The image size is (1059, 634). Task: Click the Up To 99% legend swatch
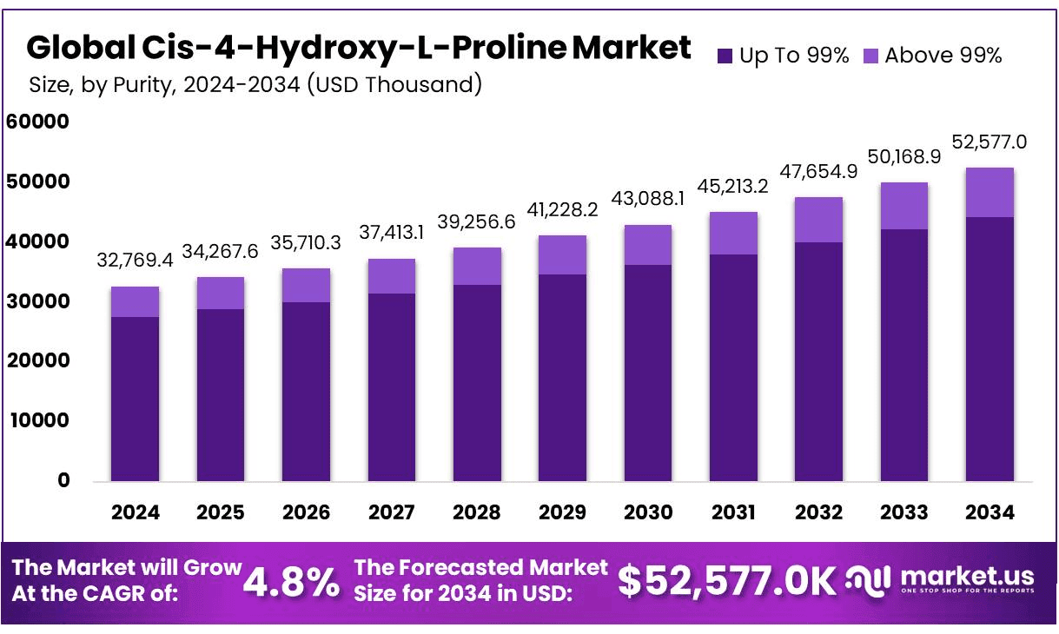(x=725, y=56)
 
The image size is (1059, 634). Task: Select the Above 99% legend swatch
(x=871, y=56)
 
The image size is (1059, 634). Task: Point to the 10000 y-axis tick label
(x=37, y=420)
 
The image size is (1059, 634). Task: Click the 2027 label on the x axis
(x=391, y=512)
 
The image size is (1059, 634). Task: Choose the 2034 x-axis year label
(x=990, y=512)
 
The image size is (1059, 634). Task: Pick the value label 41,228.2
(x=562, y=208)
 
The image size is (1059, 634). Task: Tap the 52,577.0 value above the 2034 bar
(x=990, y=141)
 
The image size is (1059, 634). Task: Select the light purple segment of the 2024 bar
(x=135, y=301)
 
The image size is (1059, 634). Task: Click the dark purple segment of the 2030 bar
(x=647, y=373)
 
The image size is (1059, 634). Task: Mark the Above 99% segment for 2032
(x=818, y=220)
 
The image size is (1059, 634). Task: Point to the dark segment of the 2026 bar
(x=306, y=391)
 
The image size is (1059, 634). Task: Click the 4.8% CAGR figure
(x=291, y=583)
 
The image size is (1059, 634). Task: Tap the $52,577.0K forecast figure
(x=725, y=582)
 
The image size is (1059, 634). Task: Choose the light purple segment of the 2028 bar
(x=477, y=267)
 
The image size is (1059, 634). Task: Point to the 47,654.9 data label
(x=818, y=170)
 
